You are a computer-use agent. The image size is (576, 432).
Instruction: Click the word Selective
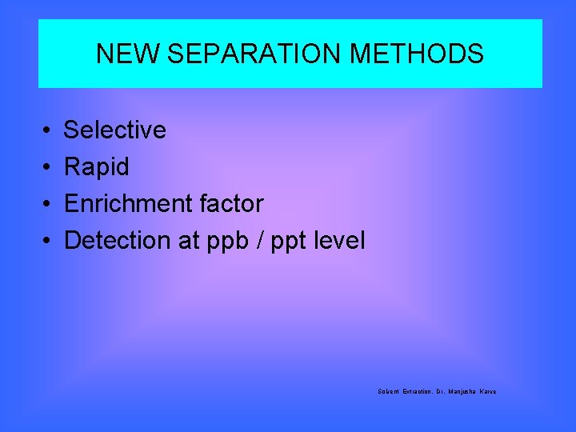[114, 130]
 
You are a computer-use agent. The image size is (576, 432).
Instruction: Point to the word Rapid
[96, 167]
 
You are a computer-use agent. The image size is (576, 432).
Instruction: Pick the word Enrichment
[129, 204]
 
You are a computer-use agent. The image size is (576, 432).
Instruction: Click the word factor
[232, 204]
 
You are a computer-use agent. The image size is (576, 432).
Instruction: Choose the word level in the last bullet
[341, 240]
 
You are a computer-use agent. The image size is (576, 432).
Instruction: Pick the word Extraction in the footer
[416, 391]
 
